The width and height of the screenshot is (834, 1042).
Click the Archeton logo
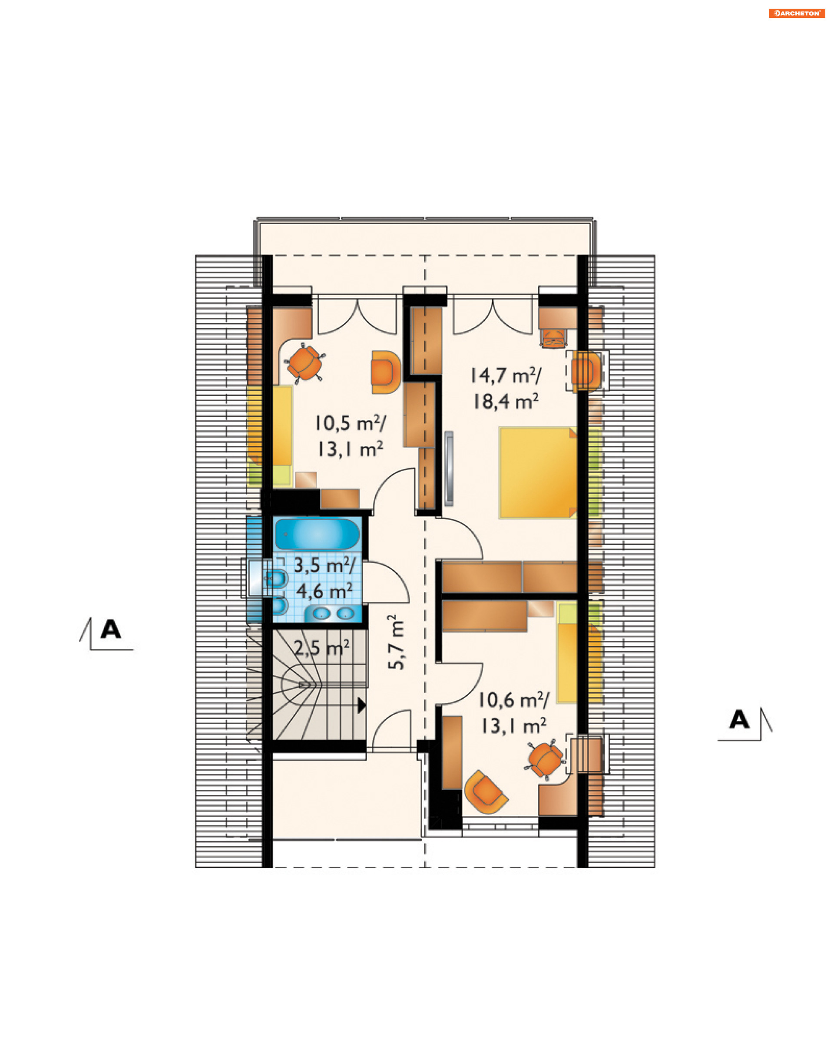[x=797, y=13]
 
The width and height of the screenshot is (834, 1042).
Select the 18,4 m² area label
[x=506, y=401]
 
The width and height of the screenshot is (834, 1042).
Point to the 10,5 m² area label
[x=351, y=423]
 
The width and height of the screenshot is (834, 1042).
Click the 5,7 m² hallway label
[x=396, y=642]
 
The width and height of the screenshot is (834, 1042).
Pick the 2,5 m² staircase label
[x=322, y=648]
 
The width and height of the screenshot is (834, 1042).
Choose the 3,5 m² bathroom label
[x=325, y=565]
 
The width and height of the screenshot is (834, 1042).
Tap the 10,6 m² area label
[x=514, y=700]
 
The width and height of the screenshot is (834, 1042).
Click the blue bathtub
[x=317, y=534]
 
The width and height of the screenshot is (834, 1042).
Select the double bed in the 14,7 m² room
[x=538, y=473]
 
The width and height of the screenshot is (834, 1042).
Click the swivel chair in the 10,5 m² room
[x=304, y=363]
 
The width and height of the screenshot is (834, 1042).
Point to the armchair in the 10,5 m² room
[x=385, y=372]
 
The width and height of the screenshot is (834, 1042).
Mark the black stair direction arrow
[x=361, y=705]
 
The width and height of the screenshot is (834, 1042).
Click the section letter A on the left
[x=111, y=629]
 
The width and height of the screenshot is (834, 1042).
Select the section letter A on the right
[x=739, y=720]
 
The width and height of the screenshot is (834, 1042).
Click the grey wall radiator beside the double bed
[x=450, y=469]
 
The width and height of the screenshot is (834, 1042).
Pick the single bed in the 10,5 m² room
[x=282, y=435]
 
